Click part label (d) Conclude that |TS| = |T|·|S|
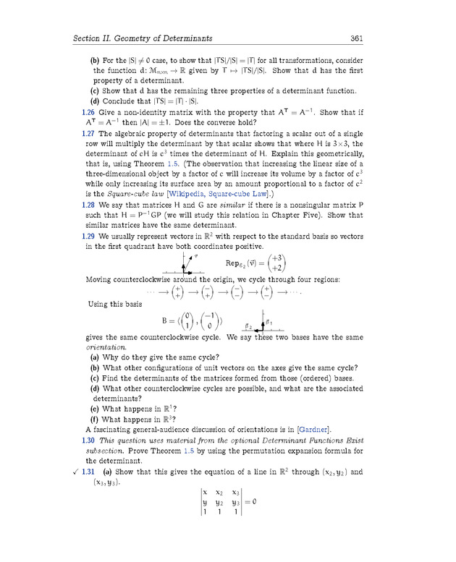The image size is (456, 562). tap(94, 101)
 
